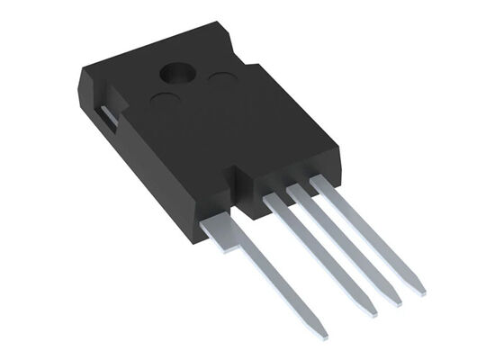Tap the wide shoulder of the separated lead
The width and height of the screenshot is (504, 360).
[220, 229]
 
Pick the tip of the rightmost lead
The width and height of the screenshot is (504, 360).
[419, 290]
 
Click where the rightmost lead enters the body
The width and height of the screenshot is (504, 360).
[316, 185]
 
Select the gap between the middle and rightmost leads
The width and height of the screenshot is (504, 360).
[335, 216]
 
